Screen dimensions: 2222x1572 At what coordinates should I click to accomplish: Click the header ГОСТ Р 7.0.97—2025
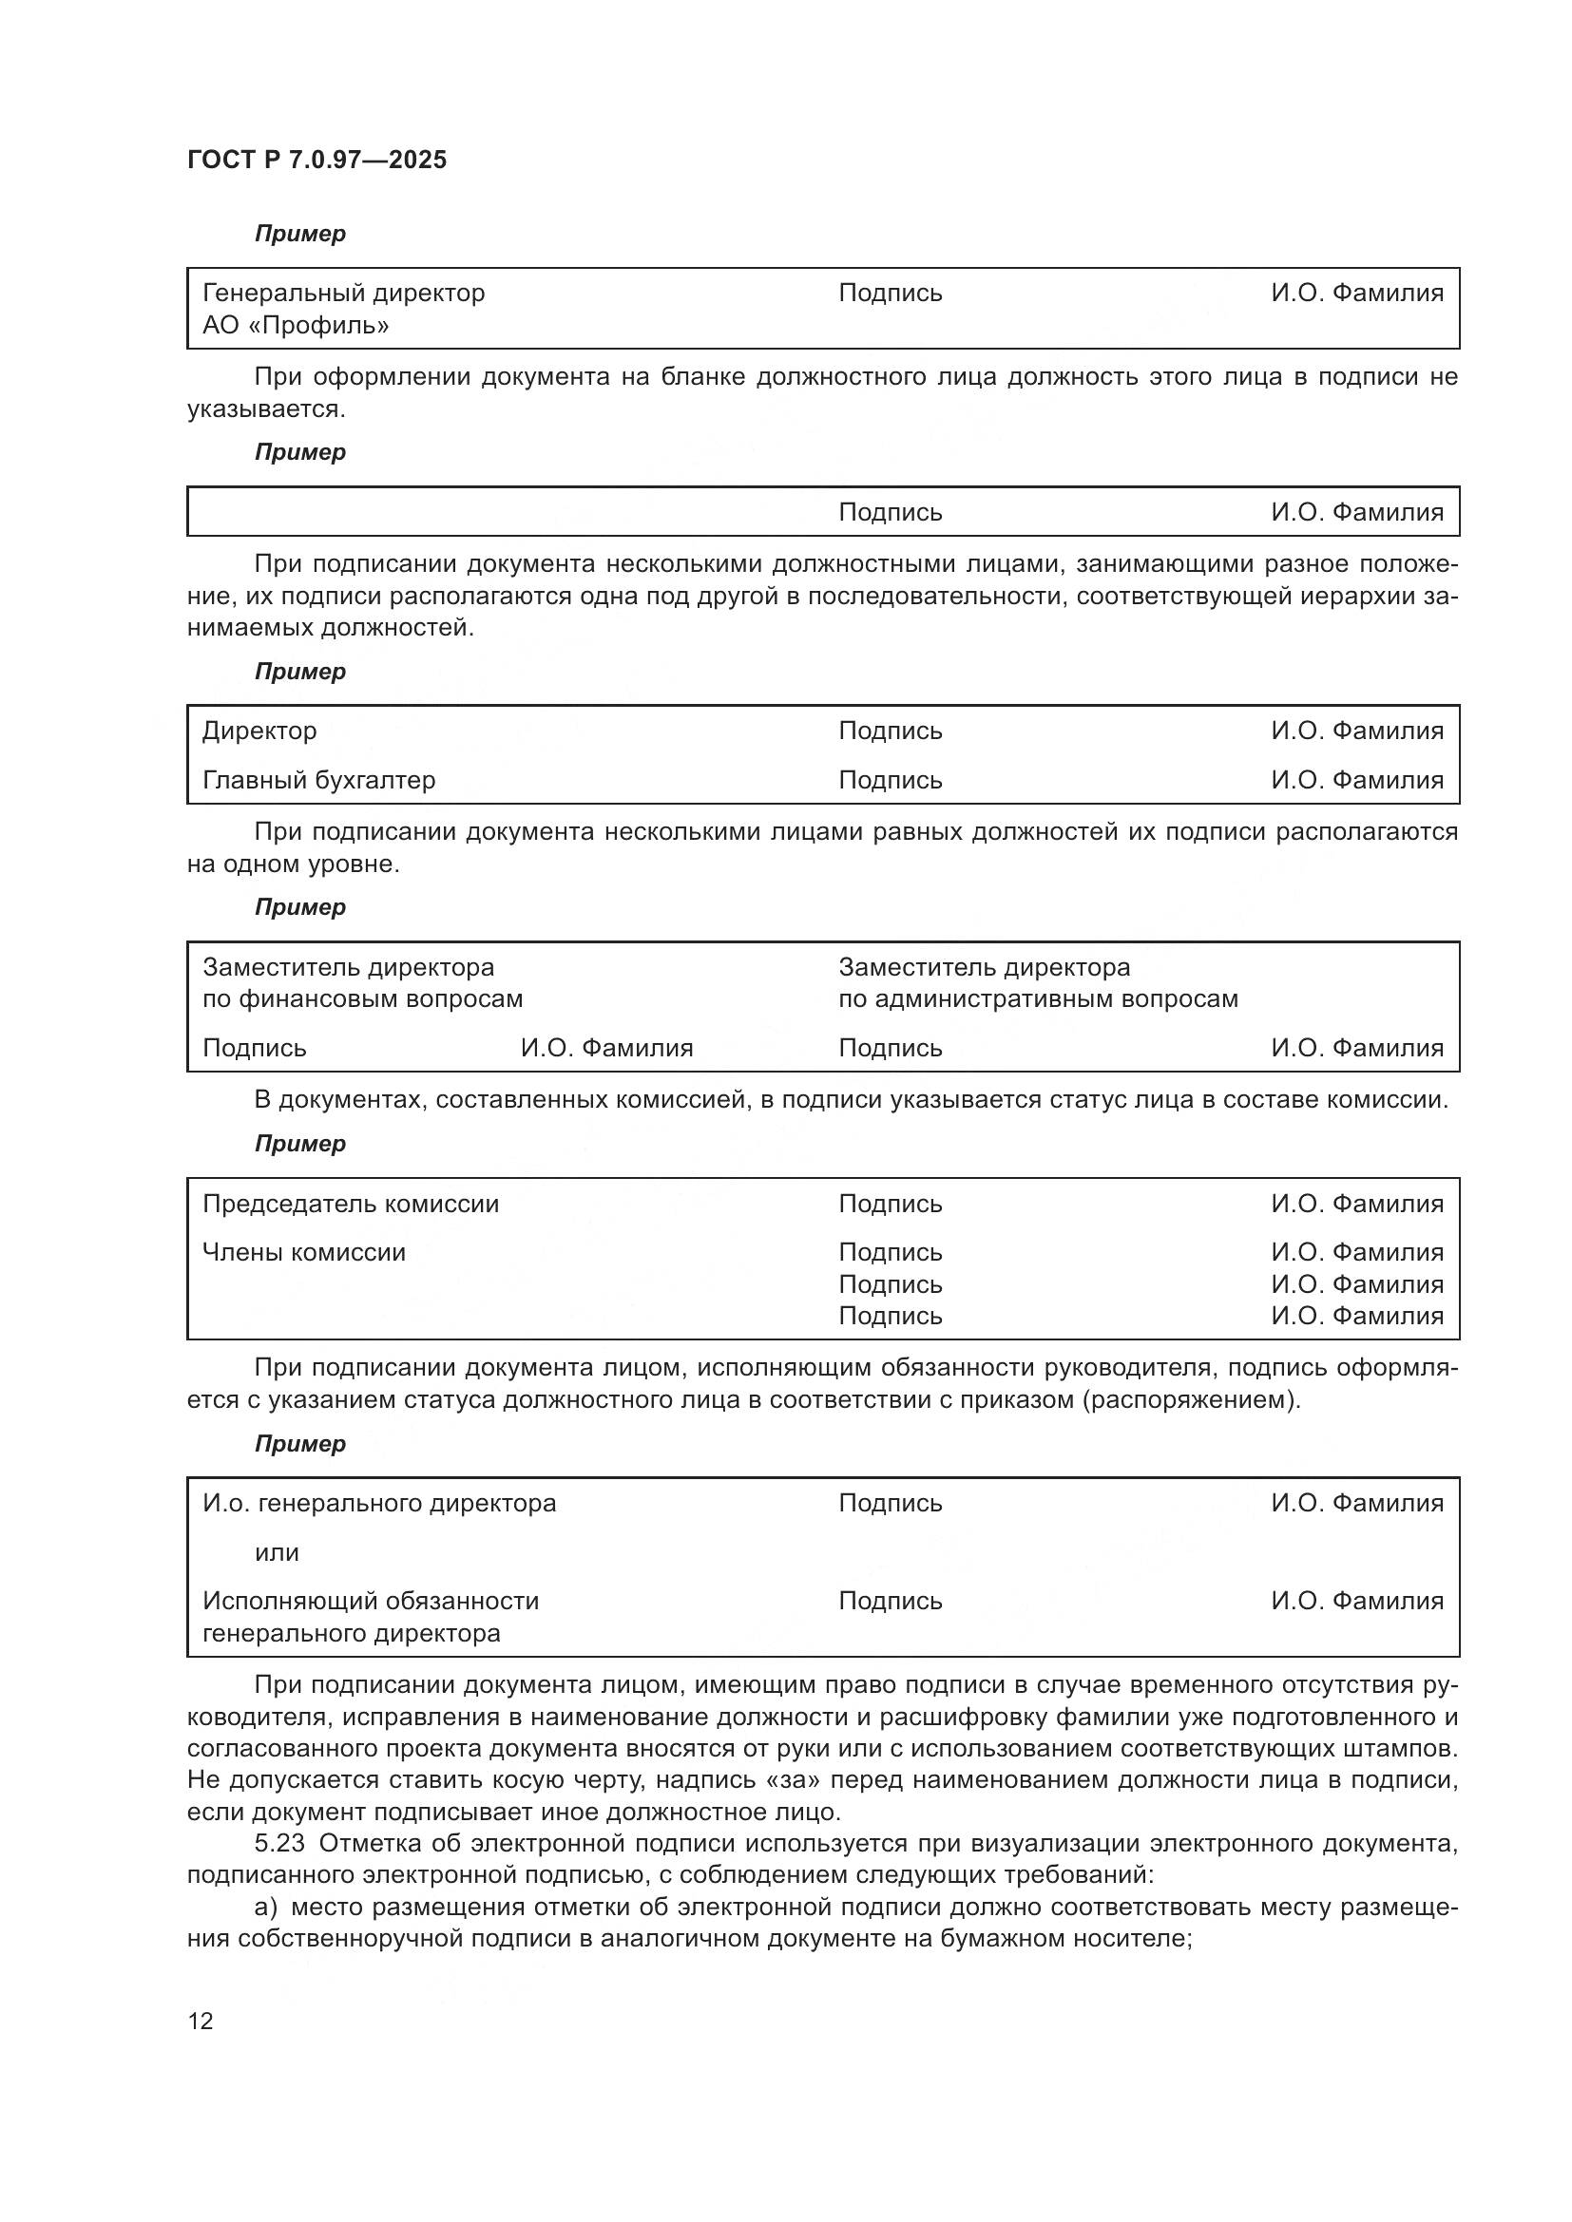point(316,160)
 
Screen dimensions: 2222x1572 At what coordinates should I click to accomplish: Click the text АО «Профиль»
point(296,325)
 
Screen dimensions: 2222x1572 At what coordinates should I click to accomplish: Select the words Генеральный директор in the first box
point(344,294)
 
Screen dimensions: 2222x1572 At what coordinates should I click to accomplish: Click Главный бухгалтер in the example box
point(318,780)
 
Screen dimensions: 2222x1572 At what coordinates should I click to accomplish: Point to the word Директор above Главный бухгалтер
point(259,731)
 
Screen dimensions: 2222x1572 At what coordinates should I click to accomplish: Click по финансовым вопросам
point(362,998)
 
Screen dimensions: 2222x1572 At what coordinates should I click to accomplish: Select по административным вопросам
point(1038,998)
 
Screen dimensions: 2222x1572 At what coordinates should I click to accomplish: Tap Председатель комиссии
point(351,1204)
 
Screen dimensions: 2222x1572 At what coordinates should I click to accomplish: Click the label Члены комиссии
point(304,1252)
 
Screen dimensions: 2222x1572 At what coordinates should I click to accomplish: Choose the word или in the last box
point(277,1552)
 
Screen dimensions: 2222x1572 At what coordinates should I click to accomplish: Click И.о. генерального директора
point(378,1503)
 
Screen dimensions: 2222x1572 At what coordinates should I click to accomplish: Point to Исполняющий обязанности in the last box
point(371,1601)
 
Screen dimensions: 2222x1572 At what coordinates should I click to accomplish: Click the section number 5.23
point(279,1844)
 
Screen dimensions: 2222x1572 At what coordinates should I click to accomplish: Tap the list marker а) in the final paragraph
point(265,1908)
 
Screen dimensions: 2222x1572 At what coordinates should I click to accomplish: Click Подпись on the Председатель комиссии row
point(890,1204)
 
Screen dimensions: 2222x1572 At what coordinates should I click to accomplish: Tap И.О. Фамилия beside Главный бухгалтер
point(1357,780)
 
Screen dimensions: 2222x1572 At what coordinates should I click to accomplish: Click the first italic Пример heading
point(300,235)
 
